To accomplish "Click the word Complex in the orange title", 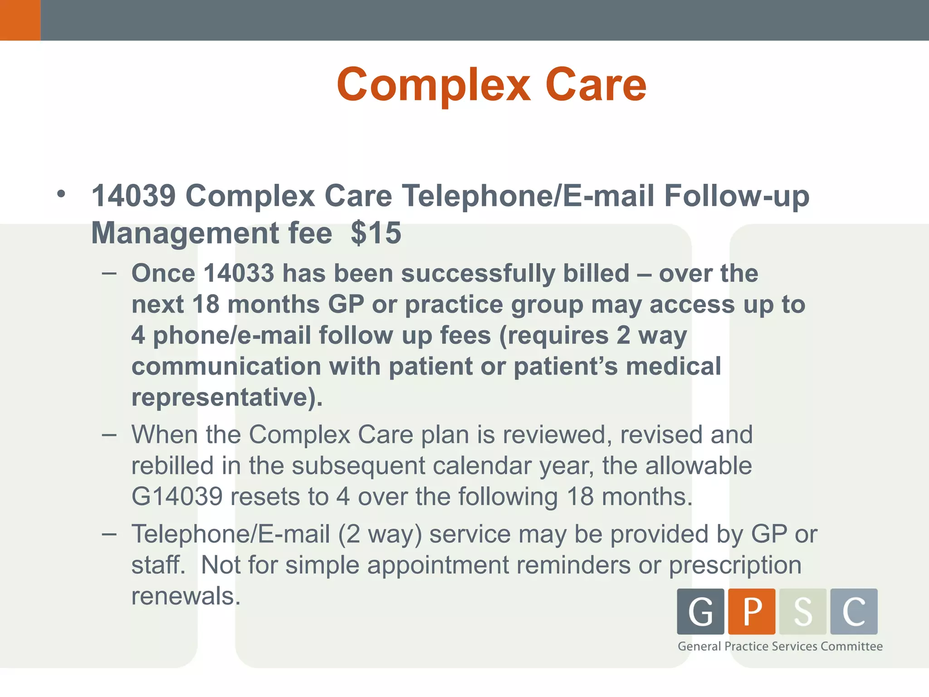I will tap(433, 85).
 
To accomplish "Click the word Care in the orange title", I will tap(596, 85).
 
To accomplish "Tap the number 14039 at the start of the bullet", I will tap(133, 196).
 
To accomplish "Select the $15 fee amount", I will tap(376, 233).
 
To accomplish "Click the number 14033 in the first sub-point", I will tap(239, 273).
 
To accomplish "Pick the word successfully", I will tap(478, 274).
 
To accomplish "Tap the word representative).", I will tap(227, 398).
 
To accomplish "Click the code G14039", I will tap(177, 496).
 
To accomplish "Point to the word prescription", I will tap(735, 565).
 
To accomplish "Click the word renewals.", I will tap(186, 596).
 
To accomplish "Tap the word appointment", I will tap(438, 565).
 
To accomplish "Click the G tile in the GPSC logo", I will tap(700, 611).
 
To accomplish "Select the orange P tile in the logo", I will tap(752, 611).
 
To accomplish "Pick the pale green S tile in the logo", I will tap(803, 611).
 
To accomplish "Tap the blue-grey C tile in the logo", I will tap(854, 611).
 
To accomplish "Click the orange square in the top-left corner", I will tap(20, 20).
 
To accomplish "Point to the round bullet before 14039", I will tap(61, 195).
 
